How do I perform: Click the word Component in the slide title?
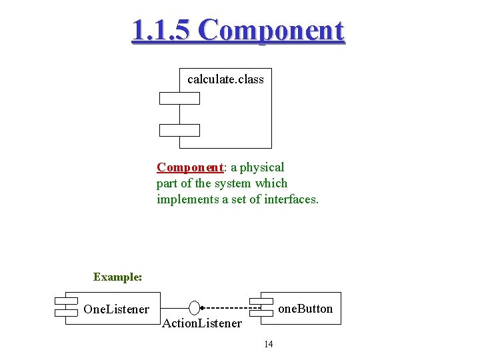271,31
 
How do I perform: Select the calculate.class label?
225,79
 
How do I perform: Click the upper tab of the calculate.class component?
179,98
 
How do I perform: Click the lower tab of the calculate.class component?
179,130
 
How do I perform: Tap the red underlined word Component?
189,167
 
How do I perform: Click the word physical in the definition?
262,167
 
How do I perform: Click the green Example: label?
117,277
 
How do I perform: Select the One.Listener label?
116,309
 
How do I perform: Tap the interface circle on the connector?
194,308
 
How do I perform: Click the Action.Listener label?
202,323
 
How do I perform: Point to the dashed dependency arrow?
227,308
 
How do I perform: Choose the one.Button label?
305,309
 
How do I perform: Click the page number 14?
269,344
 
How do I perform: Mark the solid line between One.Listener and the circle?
175,308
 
